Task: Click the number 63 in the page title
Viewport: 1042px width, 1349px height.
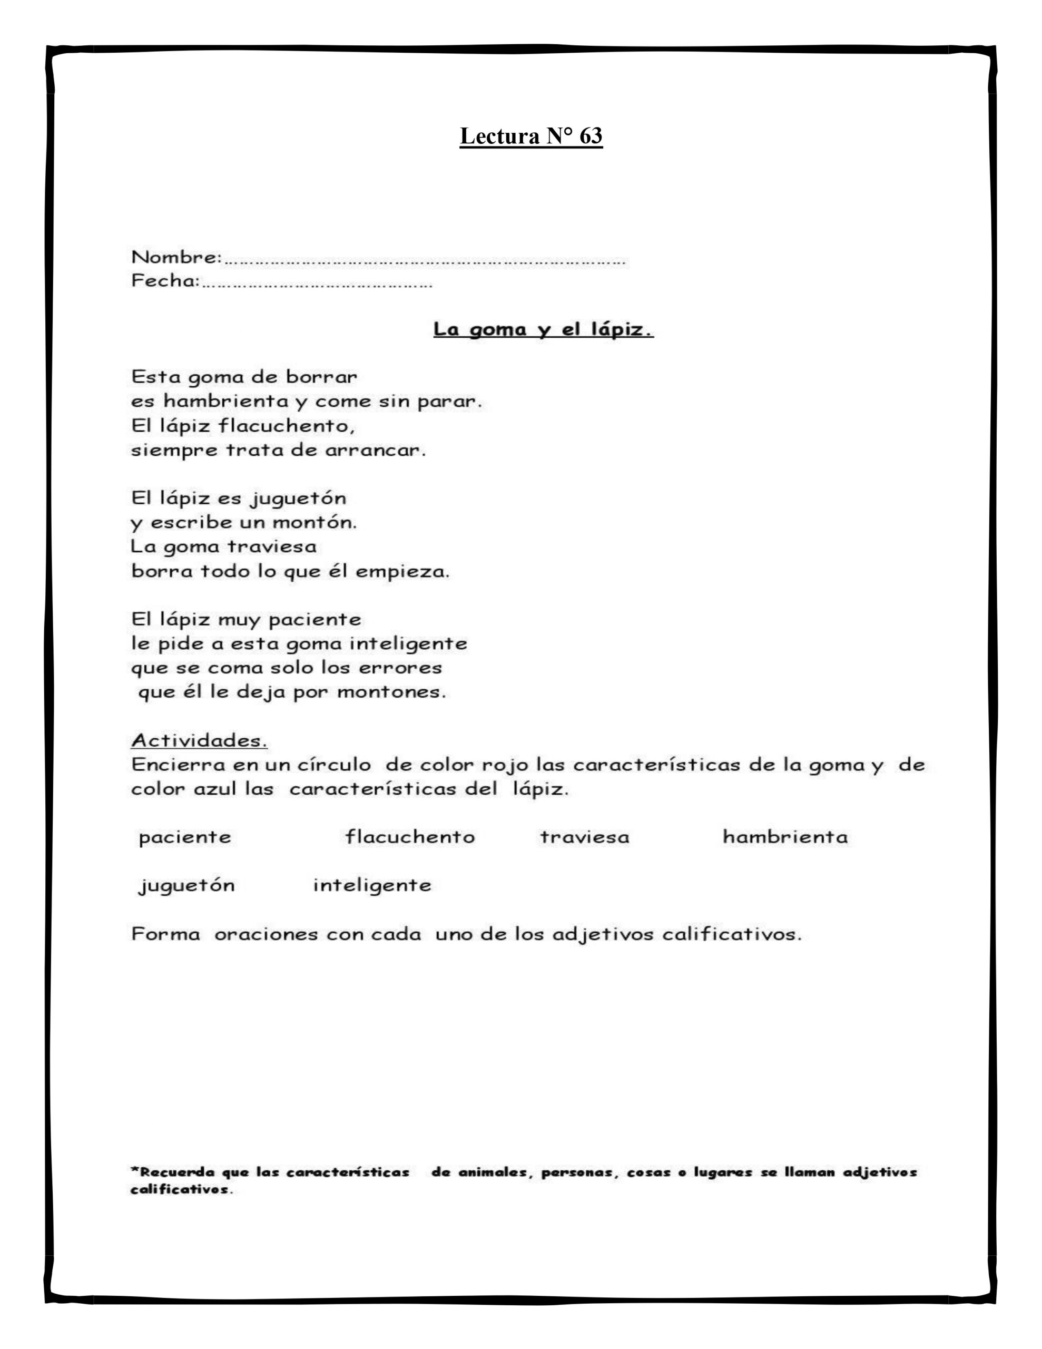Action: coord(591,136)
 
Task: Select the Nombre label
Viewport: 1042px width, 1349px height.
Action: coord(176,257)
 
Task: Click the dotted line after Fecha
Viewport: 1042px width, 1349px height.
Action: coord(317,285)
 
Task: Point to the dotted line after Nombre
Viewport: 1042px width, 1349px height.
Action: coord(425,262)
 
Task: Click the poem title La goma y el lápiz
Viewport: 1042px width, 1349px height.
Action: coord(543,330)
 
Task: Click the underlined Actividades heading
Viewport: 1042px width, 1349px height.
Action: coord(199,740)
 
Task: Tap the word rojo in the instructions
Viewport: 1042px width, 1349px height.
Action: coord(505,765)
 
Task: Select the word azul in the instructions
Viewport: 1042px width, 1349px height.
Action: coord(212,789)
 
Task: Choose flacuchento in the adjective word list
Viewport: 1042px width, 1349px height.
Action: coord(410,837)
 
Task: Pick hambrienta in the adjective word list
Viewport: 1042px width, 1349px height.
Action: coord(785,837)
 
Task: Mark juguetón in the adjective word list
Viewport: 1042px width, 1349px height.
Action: coord(186,886)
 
